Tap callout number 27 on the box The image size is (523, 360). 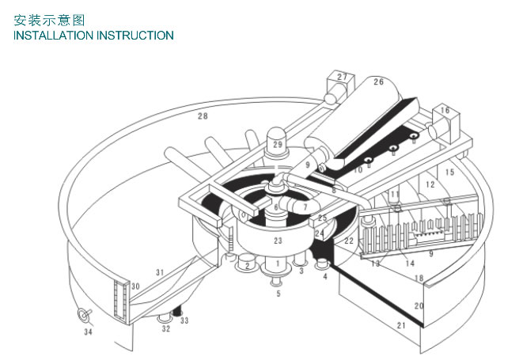click(x=342, y=77)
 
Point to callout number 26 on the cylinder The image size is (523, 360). click(x=378, y=82)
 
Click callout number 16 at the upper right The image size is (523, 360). click(x=445, y=111)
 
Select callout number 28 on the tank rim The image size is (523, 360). click(x=203, y=116)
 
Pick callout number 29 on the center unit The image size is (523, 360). click(x=277, y=145)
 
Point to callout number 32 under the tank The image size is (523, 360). click(x=166, y=327)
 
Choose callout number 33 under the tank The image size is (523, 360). click(x=184, y=321)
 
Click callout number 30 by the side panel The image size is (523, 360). click(x=135, y=286)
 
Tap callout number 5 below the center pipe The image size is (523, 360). click(x=278, y=294)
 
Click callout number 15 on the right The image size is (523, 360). click(x=449, y=172)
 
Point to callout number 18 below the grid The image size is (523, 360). click(x=419, y=278)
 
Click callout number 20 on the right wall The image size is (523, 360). click(x=419, y=305)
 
